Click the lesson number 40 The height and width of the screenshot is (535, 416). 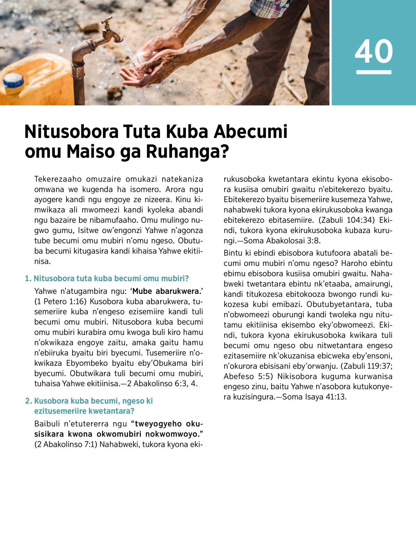click(x=374, y=51)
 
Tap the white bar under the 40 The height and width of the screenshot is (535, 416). click(x=374, y=72)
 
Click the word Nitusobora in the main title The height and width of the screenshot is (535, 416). click(x=71, y=132)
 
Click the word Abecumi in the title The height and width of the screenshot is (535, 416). click(x=251, y=132)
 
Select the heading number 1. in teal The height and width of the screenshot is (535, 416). click(x=28, y=278)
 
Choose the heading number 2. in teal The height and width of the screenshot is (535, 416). click(x=28, y=401)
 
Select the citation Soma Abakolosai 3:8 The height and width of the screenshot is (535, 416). click(x=281, y=241)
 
